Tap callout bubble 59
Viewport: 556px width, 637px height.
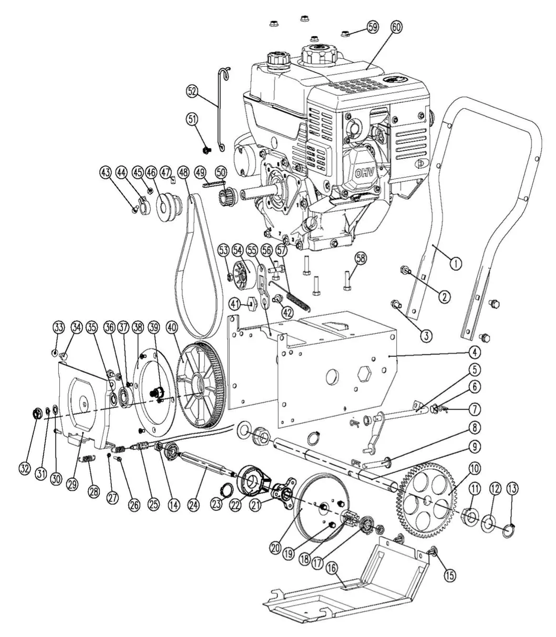pos(372,27)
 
